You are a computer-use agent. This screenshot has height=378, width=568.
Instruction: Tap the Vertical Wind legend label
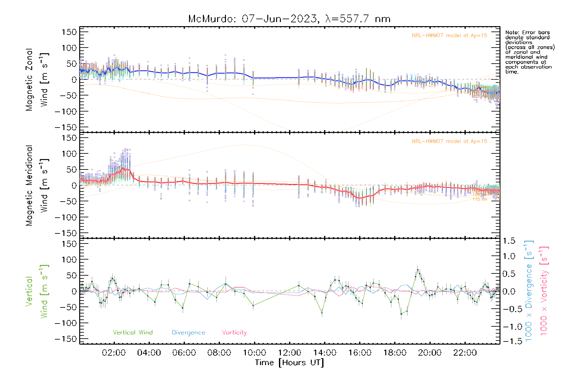tap(133, 333)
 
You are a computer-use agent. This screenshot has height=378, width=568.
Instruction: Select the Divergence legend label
tap(188, 333)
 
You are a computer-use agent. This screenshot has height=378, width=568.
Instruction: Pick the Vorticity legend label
tap(234, 333)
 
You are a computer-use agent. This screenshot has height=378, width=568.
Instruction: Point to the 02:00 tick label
tap(114, 353)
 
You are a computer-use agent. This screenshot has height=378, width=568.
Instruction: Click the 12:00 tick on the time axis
tap(289, 353)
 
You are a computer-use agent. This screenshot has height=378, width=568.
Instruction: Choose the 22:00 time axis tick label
tap(465, 353)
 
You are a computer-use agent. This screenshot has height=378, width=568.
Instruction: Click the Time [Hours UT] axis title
tap(289, 363)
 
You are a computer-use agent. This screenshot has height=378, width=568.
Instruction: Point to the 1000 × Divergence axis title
tap(529, 291)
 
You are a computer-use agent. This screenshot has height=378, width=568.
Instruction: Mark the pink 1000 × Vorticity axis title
tap(544, 291)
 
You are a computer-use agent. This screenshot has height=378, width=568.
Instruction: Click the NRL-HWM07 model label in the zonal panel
tap(449, 36)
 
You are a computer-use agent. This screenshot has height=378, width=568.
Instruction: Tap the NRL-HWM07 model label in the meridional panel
tap(449, 141)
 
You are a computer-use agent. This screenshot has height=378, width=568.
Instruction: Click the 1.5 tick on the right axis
tap(509, 241)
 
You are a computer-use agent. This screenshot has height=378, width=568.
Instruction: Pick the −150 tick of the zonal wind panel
tap(66, 127)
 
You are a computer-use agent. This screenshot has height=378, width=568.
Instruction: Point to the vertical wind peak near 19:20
tap(417, 270)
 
